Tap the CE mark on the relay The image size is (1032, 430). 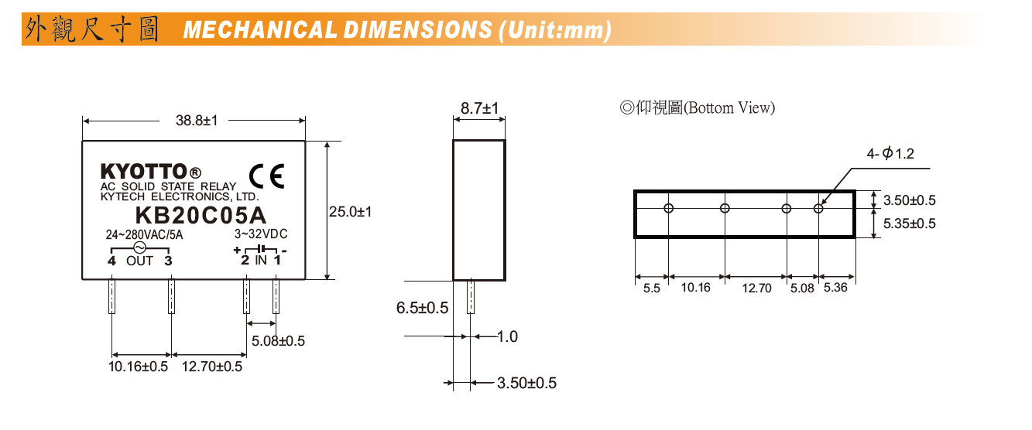tap(267, 177)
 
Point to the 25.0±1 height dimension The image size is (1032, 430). tap(350, 211)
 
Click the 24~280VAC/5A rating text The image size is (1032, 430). tap(144, 234)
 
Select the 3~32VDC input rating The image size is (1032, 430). tap(261, 234)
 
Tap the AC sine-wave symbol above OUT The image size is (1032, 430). tap(140, 247)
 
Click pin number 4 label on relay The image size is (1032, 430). tap(112, 261)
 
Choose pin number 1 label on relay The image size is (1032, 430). tap(276, 261)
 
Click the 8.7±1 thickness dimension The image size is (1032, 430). tap(479, 108)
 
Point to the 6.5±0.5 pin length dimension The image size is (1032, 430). tap(422, 308)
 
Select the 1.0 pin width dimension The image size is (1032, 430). tap(507, 336)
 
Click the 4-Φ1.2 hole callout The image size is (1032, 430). tap(890, 154)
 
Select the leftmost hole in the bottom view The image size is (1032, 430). tap(669, 208)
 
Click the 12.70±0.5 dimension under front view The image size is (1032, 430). tap(211, 366)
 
